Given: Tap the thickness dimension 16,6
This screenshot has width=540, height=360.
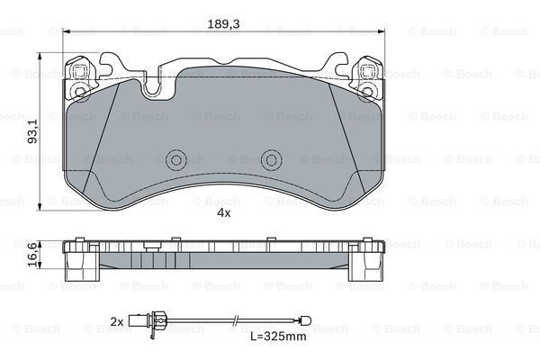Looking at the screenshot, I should tap(33, 256).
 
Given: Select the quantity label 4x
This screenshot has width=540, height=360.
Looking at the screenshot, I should tap(223, 213).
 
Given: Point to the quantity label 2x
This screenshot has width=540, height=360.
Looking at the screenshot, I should tap(116, 320).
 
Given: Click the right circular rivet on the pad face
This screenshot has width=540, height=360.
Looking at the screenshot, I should tap(271, 159).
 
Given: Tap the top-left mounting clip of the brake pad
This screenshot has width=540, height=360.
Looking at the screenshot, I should tap(80, 77).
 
